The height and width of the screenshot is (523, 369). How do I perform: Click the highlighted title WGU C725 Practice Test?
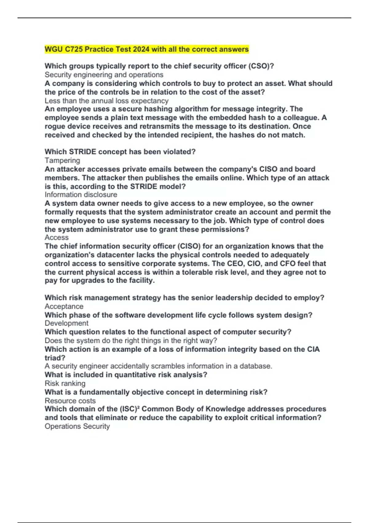[x=146, y=49]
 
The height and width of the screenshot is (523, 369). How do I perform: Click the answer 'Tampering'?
[x=62, y=160]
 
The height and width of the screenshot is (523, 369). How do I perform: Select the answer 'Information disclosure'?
[x=81, y=194]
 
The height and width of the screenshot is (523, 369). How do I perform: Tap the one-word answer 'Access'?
[x=57, y=237]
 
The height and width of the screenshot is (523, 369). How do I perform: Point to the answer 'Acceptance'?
[x=64, y=306]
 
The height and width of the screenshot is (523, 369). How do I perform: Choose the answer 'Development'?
[x=66, y=323]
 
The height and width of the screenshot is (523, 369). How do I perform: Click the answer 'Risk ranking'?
[x=65, y=383]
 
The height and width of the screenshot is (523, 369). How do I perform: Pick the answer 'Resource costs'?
[x=70, y=401]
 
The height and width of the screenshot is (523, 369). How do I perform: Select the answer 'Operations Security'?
[x=77, y=426]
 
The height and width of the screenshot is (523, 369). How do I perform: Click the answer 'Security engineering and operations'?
[x=104, y=75]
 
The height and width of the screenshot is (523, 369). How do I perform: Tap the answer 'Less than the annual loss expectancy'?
[x=106, y=101]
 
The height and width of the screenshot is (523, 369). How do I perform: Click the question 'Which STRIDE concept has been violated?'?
[x=120, y=152]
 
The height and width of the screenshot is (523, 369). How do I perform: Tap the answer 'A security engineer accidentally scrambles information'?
[x=158, y=366]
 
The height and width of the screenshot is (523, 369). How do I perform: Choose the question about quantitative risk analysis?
[x=126, y=375]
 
